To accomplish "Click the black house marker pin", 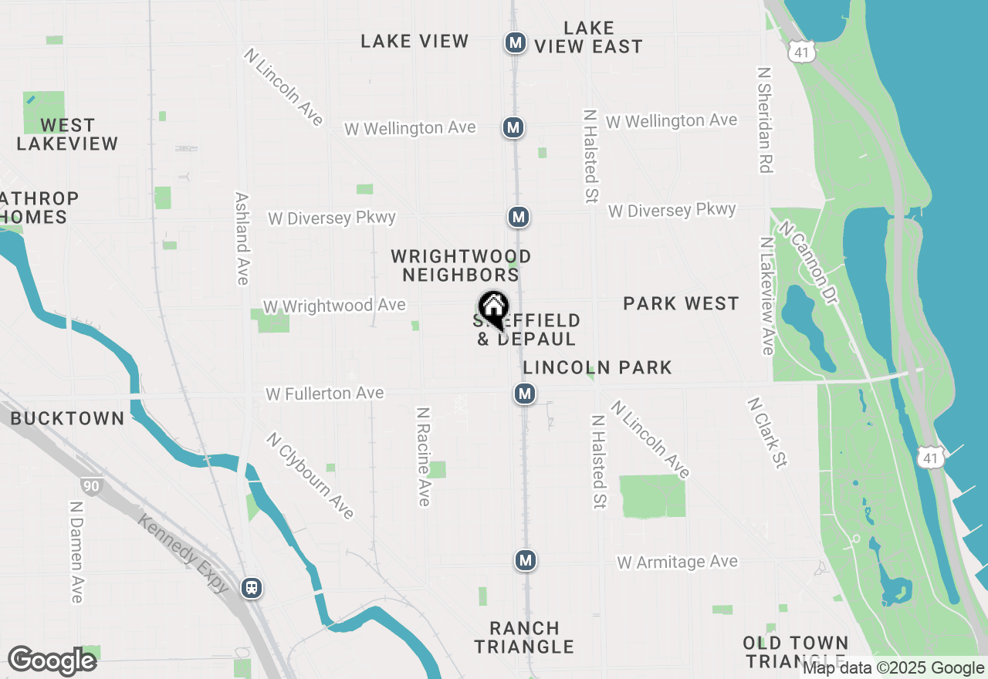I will point(493,309).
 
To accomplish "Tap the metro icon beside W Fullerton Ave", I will point(525,394).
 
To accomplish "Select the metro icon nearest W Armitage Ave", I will point(526,560).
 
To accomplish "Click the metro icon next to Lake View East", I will point(516,42).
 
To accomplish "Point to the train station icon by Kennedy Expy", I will point(251,588).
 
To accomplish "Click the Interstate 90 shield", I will point(90,486).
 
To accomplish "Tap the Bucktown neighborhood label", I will point(67,419).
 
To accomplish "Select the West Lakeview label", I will point(67,134).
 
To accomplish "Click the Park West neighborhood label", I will point(681,304).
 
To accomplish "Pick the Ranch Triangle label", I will point(524,637).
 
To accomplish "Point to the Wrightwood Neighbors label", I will point(461,265).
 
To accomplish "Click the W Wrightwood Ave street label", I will point(334,306).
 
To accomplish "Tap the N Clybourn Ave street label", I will point(310,475).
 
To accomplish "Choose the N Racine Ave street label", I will point(423,457).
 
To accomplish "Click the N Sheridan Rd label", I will point(765,120).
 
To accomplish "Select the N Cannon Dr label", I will point(808,263).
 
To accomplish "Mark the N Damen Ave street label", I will point(76,552).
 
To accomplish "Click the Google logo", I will point(52,661).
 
